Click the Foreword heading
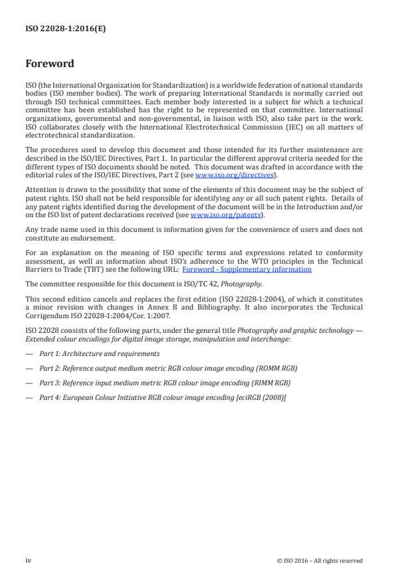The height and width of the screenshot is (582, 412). click(x=49, y=64)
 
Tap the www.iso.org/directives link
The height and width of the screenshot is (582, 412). click(x=226, y=175)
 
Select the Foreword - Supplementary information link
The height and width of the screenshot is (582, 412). click(x=247, y=269)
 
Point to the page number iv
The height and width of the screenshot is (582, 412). click(x=29, y=560)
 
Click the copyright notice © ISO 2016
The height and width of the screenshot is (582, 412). click(x=320, y=561)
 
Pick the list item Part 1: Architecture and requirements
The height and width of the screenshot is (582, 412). click(x=100, y=353)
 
